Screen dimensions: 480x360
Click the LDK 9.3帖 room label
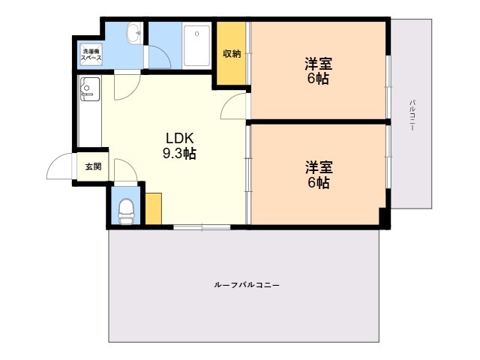tap(179, 146)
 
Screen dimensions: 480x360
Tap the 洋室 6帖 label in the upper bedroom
tap(318, 71)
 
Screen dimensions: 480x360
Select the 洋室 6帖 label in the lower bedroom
tap(319, 175)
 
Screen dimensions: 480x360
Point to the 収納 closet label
tap(232, 54)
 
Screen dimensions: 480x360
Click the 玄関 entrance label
tap(93, 166)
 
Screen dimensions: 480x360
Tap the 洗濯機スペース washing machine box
tap(91, 55)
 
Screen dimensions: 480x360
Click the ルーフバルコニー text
tap(247, 285)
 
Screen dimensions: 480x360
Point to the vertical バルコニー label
tap(412, 115)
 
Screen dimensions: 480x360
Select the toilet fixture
tap(126, 211)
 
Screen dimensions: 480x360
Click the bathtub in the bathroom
tap(196, 46)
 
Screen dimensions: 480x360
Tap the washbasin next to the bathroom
tap(134, 32)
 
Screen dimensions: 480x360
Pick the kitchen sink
tap(90, 89)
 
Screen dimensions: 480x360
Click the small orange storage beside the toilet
tap(153, 208)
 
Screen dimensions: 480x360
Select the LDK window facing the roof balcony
tap(202, 227)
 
